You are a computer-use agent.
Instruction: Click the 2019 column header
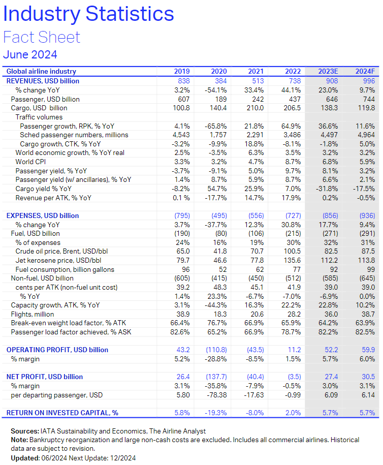[182, 72]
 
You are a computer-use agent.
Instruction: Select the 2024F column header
[364, 72]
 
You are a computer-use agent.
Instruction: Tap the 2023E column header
[328, 72]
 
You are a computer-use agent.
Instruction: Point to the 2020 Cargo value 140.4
[216, 108]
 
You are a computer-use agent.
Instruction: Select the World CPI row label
[32, 162]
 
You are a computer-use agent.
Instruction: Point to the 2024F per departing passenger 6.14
[367, 394]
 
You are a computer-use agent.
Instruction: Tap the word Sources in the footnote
[25, 431]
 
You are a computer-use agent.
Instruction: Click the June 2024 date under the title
[30, 54]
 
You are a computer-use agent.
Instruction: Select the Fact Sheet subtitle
[42, 37]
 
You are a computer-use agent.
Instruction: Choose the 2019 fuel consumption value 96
[185, 269]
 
